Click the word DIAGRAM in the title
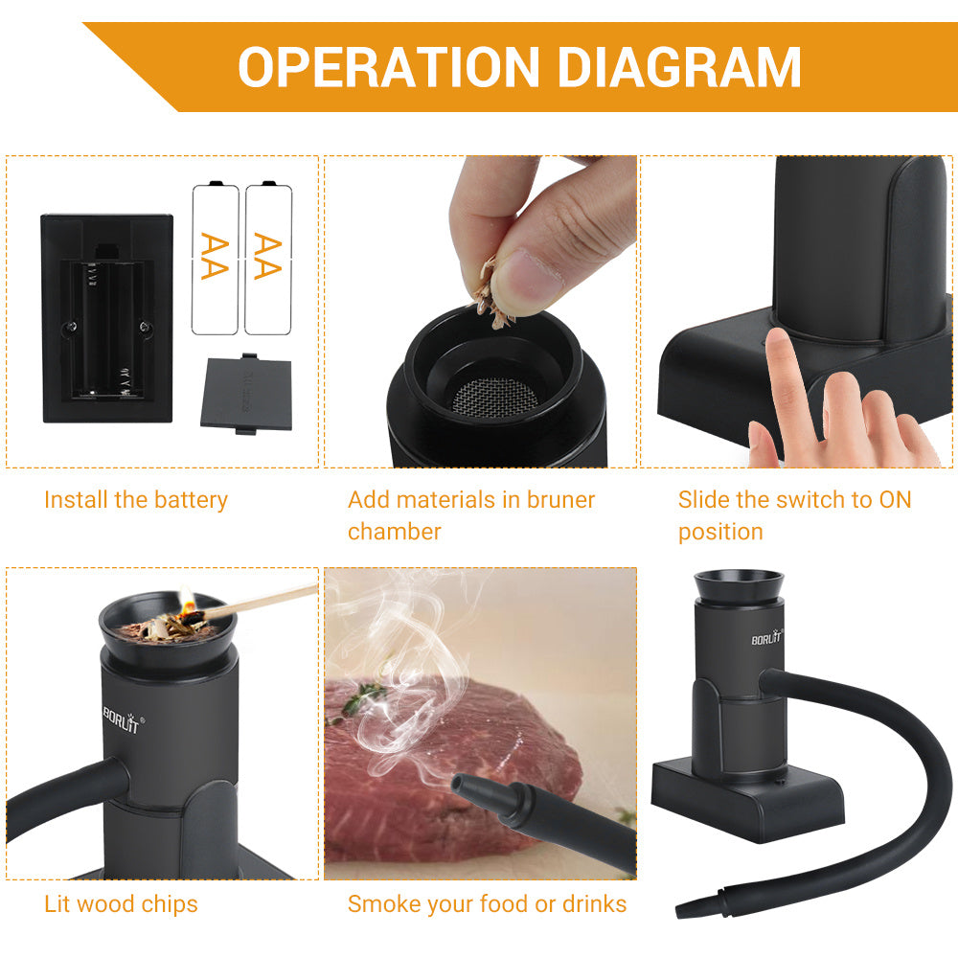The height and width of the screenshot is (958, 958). tap(679, 67)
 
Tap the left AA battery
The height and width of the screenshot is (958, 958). tap(215, 258)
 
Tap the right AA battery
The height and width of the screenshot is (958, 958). tap(267, 258)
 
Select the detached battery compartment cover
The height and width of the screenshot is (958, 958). tap(247, 393)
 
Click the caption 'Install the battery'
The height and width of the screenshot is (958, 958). tap(136, 500)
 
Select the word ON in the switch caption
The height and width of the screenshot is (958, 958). tap(894, 500)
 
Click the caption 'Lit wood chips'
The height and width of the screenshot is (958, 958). tap(121, 903)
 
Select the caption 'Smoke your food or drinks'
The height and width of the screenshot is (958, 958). tap(487, 903)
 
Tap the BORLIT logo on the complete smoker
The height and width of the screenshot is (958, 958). tap(767, 637)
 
